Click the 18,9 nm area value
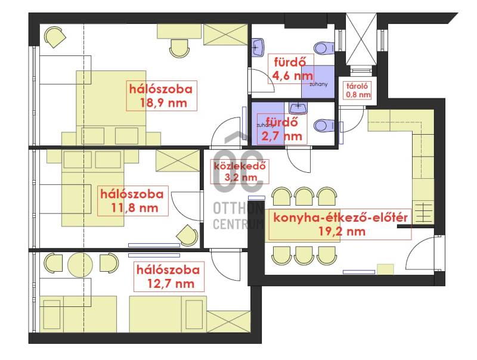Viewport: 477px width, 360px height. pos(163,103)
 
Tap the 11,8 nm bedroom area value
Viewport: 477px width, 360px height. pos(135,208)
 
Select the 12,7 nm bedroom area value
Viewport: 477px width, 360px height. pos(171,284)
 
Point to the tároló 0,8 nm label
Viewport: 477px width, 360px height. pos(358,91)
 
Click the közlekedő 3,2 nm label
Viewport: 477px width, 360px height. pos(240,172)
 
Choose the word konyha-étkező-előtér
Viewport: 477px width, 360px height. pos(340,218)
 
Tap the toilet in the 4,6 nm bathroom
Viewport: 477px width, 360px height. pos(323,48)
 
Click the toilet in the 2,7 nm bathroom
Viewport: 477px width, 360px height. pos(323,125)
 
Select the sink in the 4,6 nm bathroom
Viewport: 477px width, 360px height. pos(258,48)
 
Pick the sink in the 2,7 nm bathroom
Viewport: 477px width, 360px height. pos(298,107)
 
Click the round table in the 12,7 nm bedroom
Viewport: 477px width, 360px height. pos(80,264)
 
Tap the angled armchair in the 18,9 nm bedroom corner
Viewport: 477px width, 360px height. pos(55,37)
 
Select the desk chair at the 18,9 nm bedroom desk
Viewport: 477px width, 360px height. pos(179,48)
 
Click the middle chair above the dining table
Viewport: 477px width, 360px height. pos(304,197)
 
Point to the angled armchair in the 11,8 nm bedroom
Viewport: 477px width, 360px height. pos(187,235)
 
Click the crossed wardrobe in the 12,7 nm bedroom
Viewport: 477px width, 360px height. pos(229,321)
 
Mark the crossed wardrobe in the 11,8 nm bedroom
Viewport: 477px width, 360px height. pos(178,160)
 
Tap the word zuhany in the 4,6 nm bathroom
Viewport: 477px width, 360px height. pos(318,84)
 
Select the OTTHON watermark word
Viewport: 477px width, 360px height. pos(238,209)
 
